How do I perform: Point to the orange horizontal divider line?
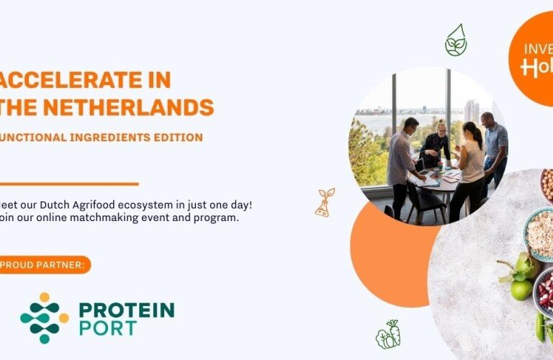68,184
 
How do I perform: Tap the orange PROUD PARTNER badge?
45,265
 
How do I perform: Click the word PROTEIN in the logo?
126,310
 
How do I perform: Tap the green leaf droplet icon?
455,40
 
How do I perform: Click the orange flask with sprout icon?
325,202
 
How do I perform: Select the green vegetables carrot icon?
387,335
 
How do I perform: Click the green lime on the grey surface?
521,289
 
